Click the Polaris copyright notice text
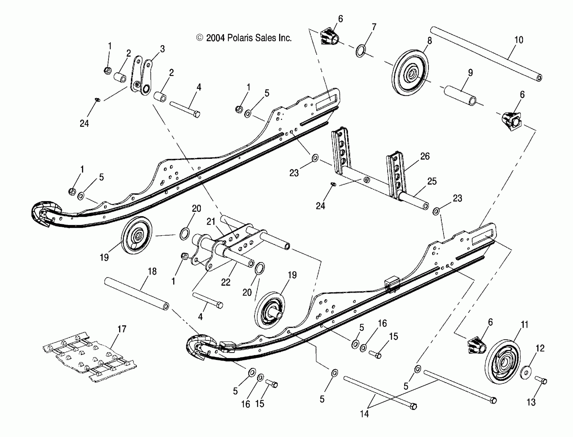[x=244, y=38]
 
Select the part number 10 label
[x=519, y=40]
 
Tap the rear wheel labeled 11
[x=503, y=362]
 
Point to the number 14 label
[x=364, y=414]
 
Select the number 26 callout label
[x=425, y=156]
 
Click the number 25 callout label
[x=432, y=181]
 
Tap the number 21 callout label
[x=211, y=222]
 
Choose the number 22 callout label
[x=225, y=282]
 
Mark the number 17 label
[x=122, y=329]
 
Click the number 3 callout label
[x=162, y=49]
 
